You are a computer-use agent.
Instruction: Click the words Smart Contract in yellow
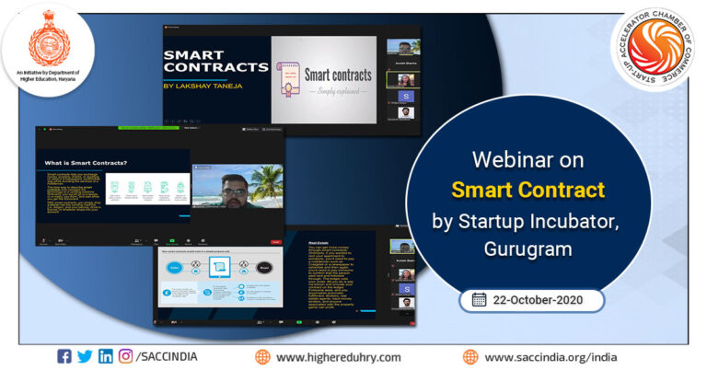(x=527, y=191)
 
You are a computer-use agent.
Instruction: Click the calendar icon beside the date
(x=479, y=299)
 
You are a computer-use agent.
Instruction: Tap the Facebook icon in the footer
(x=64, y=356)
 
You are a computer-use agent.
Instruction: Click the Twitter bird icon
(x=85, y=356)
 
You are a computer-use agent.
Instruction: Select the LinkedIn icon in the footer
(x=106, y=356)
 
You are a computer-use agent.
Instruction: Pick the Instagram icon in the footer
(x=126, y=356)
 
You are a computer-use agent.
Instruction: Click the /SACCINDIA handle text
(x=168, y=356)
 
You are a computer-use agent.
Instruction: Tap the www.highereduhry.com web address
(x=338, y=357)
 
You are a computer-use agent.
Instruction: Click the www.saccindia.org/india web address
(x=551, y=357)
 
